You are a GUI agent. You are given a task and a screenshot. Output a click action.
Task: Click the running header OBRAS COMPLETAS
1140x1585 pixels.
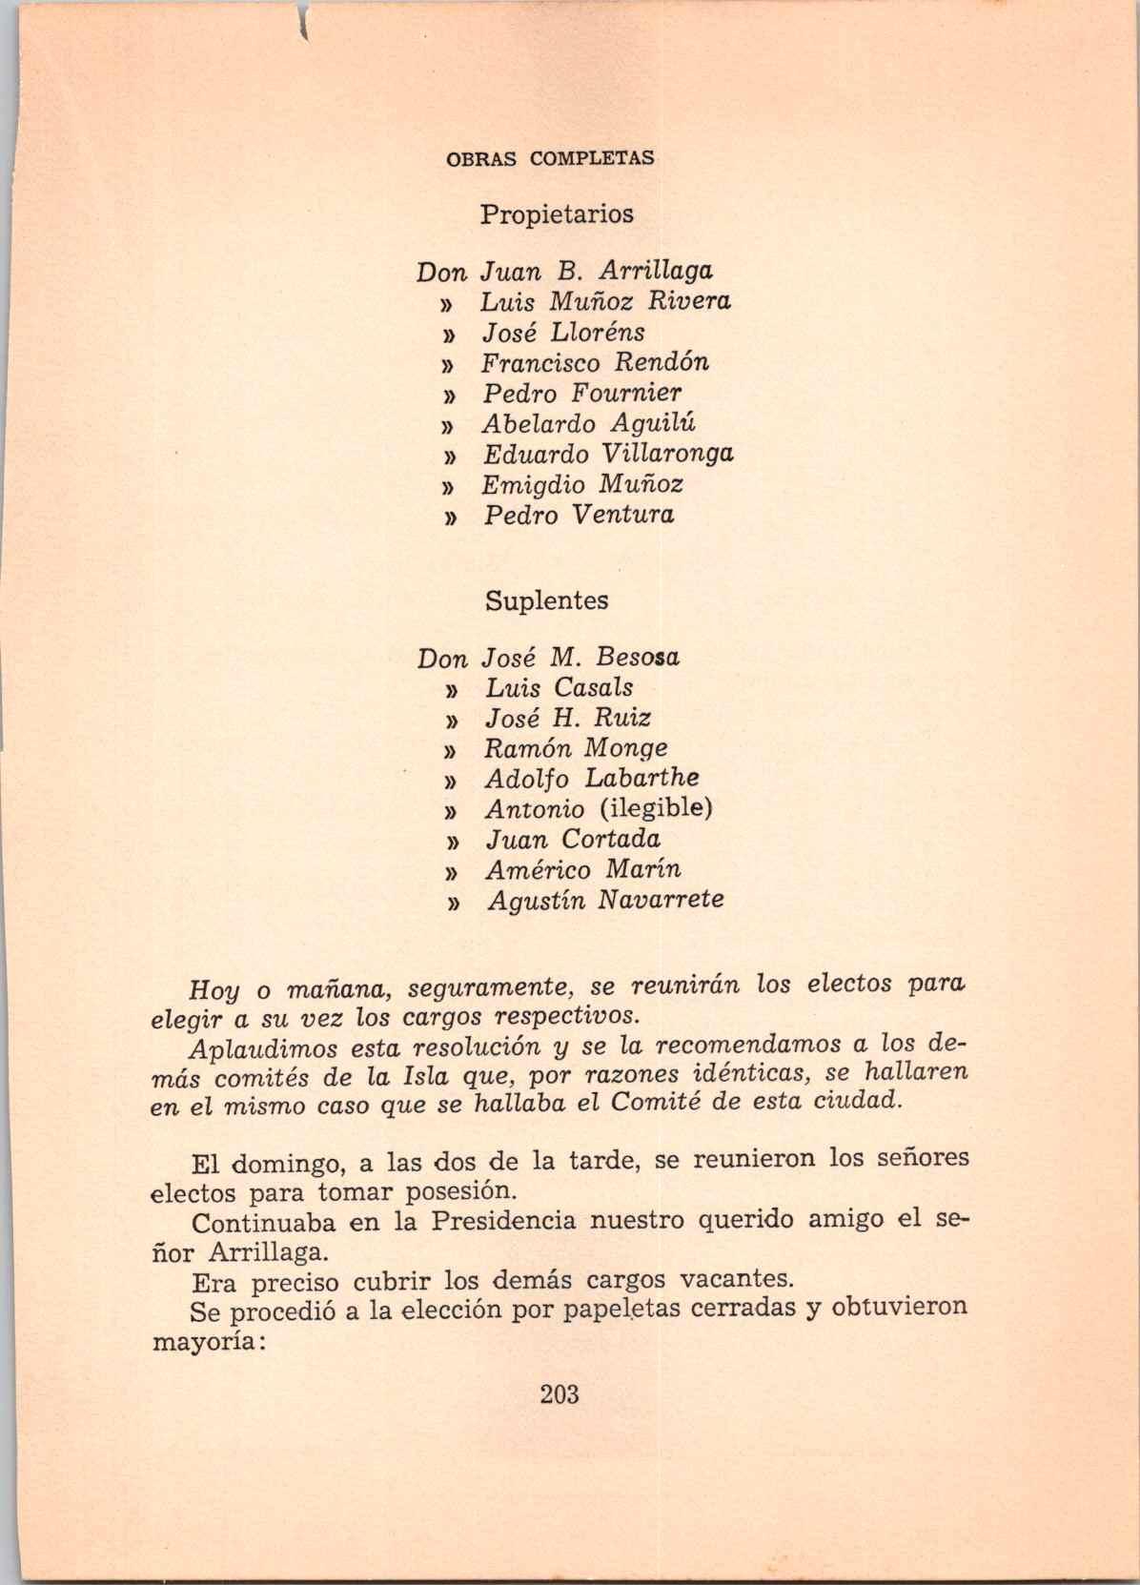(x=550, y=158)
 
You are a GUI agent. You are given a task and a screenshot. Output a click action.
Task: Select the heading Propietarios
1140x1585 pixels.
(x=557, y=213)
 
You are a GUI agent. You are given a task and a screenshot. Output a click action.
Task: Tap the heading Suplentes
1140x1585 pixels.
(x=546, y=601)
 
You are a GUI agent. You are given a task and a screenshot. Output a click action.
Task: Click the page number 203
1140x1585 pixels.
(x=560, y=1394)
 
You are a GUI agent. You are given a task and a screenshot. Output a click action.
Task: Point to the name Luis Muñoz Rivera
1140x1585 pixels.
(x=605, y=301)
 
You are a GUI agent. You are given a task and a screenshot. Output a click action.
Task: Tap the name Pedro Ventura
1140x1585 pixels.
(x=579, y=515)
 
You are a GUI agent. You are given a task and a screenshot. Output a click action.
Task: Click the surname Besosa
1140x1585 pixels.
(x=638, y=658)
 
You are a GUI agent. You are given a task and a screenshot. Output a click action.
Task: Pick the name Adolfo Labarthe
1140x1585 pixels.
(x=592, y=778)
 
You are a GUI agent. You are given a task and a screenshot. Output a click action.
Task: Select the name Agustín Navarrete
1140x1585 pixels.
(x=605, y=900)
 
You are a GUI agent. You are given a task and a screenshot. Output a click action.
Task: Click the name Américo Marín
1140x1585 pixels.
(x=583, y=869)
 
